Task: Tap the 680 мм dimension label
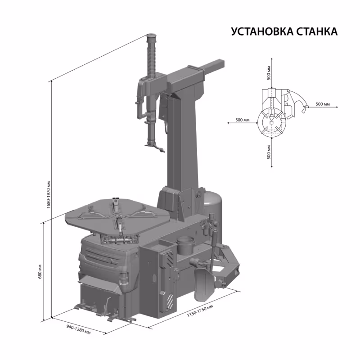(40, 270)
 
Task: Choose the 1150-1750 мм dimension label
(199, 311)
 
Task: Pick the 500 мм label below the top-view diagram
(269, 153)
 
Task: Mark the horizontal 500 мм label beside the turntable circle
(243, 121)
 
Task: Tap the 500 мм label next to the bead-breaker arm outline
(323, 104)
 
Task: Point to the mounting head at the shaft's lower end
(153, 146)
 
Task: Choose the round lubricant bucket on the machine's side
(185, 245)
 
